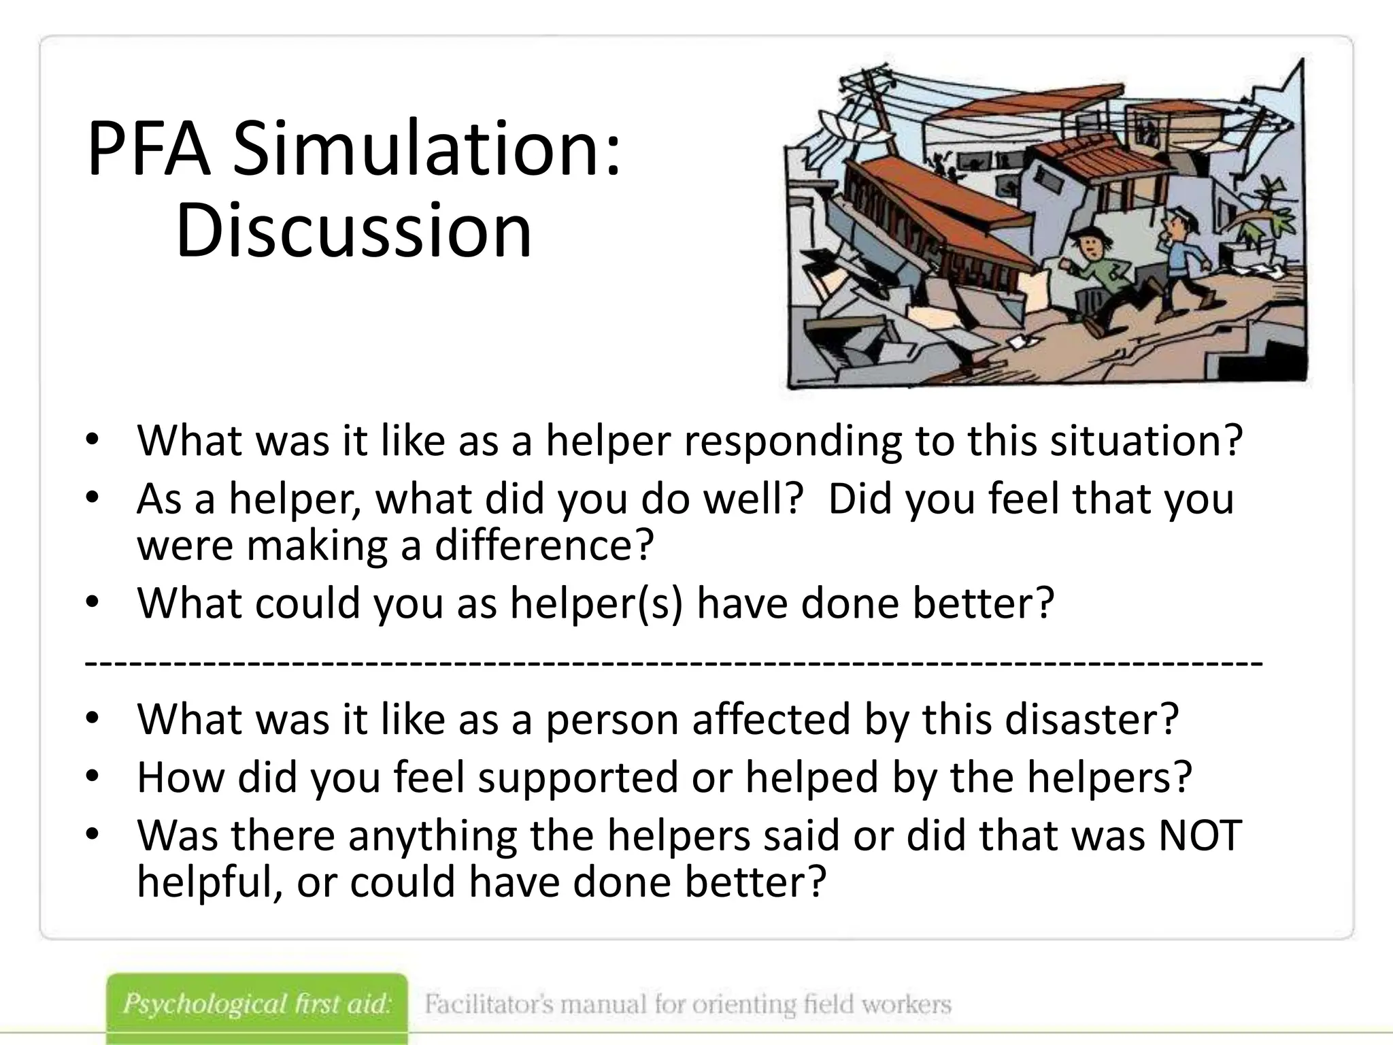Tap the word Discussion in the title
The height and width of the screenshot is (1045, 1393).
tap(354, 231)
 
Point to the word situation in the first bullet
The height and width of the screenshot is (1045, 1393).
tap(1146, 441)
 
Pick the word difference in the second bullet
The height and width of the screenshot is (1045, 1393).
tap(543, 545)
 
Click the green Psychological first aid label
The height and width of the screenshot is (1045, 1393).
tap(257, 1005)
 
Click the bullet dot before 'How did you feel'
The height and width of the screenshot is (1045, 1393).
tap(93, 776)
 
